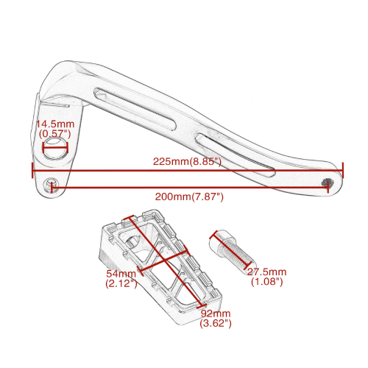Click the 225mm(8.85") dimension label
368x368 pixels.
click(x=188, y=162)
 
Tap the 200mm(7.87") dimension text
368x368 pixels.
click(x=189, y=197)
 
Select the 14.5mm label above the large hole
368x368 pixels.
click(x=55, y=124)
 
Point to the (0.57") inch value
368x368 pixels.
click(x=55, y=134)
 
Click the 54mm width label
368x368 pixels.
click(x=121, y=273)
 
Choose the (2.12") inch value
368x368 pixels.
click(x=121, y=283)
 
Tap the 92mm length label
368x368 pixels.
click(x=216, y=314)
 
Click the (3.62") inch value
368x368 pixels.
click(x=216, y=323)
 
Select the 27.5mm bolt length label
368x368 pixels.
click(x=266, y=272)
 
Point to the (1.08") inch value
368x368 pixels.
click(x=267, y=282)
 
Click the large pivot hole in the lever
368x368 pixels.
click(x=55, y=149)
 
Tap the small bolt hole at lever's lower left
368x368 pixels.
click(x=51, y=185)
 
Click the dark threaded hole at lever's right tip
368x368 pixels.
click(x=328, y=183)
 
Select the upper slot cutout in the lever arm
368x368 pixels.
click(x=135, y=108)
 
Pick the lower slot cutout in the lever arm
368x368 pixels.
click(x=235, y=155)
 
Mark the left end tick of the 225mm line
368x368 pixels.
click(x=32, y=170)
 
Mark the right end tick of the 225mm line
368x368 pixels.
click(x=342, y=170)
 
